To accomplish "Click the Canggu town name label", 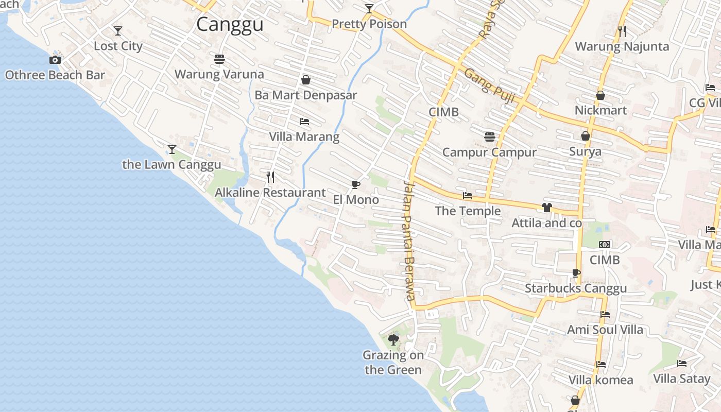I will (230, 24).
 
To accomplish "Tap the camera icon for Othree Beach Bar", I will (55, 60).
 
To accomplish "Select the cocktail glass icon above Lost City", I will (118, 31).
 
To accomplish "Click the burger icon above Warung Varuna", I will (219, 59).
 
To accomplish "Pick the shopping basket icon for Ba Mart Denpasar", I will (306, 80).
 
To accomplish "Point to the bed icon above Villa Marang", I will (304, 122).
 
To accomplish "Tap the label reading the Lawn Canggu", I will (171, 165).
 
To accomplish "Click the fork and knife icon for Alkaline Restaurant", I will (270, 177).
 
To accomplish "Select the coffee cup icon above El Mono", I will (355, 184).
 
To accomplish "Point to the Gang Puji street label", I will (489, 85).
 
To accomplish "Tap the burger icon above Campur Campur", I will (489, 137).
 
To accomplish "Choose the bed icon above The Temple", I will (468, 196).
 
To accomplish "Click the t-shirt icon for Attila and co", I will (546, 208).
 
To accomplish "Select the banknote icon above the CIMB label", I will (605, 245).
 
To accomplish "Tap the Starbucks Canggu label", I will (576, 288).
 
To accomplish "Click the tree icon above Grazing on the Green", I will (393, 340).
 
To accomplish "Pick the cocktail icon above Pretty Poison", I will (369, 9).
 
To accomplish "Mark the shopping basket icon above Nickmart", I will (600, 95).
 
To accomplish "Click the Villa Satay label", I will (681, 379).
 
